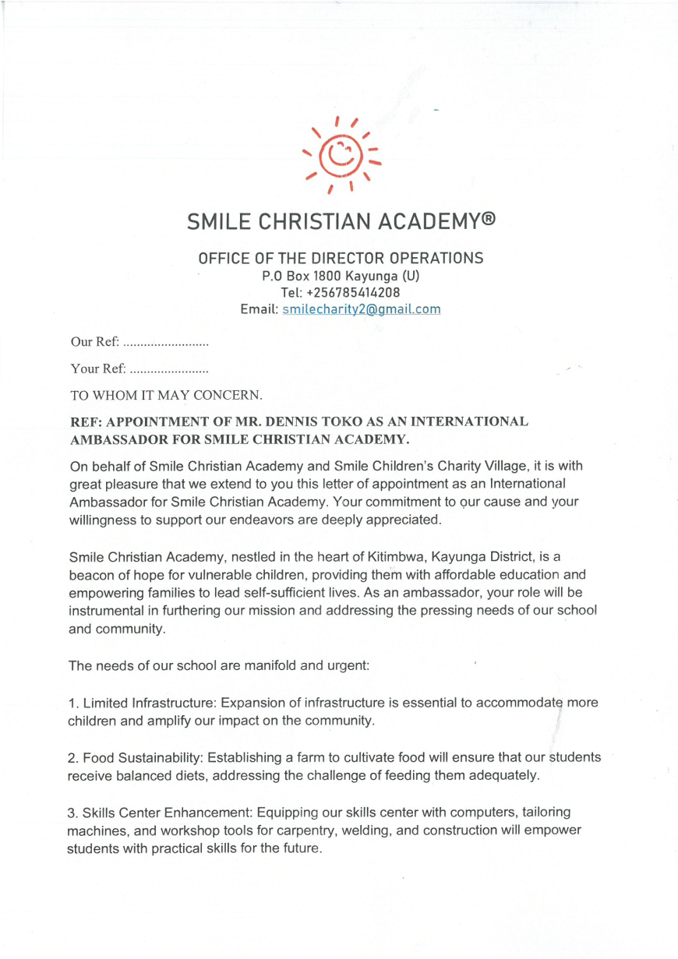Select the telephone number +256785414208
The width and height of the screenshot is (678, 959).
coord(351,292)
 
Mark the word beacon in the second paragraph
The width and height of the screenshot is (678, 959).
coord(90,574)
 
